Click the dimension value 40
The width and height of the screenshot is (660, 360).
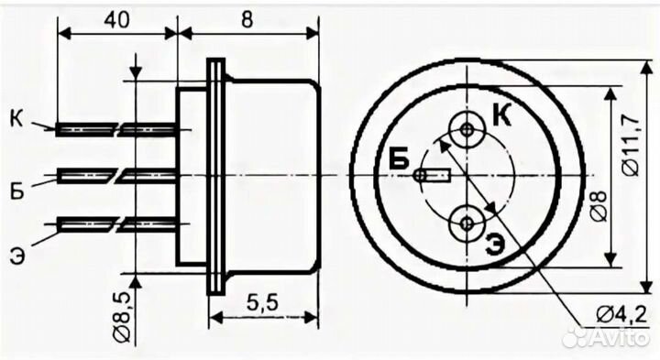coord(116,20)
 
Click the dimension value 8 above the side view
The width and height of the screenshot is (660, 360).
coord(247,19)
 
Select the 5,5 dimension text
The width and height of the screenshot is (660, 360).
coord(262,302)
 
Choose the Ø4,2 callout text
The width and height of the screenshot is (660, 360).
coord(621,314)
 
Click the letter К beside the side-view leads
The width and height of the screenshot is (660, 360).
coord(17,119)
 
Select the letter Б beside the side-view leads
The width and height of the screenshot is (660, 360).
coord(16,191)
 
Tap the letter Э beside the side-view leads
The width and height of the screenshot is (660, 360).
coord(17,256)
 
